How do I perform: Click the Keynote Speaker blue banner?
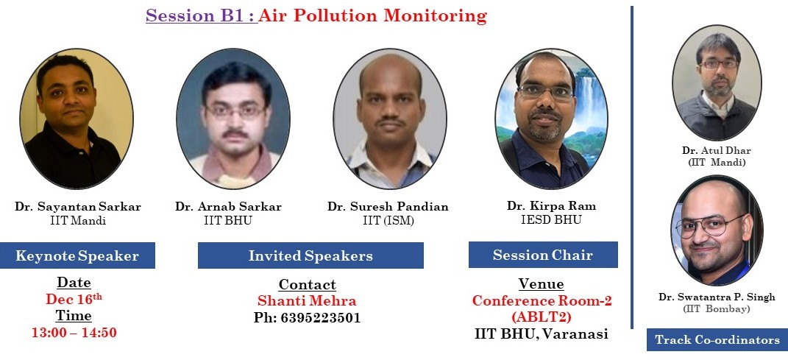[x=77, y=255]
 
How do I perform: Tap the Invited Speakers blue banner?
[x=310, y=255]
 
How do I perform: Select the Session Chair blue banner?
[x=543, y=255]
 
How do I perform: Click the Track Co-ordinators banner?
[x=717, y=340]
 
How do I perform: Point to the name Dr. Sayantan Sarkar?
[x=78, y=207]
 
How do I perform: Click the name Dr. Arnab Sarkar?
[x=228, y=207]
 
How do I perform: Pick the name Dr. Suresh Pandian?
[x=388, y=207]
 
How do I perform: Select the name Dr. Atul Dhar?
[x=716, y=150]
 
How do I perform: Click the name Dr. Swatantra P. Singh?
[x=717, y=297]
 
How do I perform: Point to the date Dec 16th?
[x=74, y=299]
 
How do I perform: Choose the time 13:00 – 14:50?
[x=74, y=332]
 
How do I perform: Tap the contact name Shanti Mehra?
[x=307, y=300]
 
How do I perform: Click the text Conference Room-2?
[x=542, y=300]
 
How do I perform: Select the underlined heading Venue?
[x=542, y=284]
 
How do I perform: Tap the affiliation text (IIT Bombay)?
[x=716, y=309]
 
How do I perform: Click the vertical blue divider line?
[x=632, y=167]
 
